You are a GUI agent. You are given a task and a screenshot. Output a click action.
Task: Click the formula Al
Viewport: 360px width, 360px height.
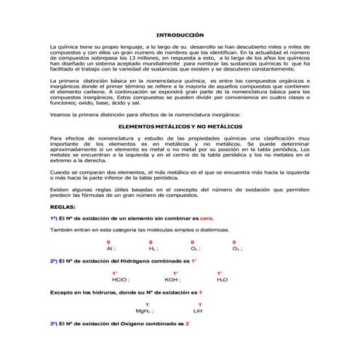[110, 249]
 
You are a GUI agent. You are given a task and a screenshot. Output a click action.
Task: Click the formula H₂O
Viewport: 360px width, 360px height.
[222, 279]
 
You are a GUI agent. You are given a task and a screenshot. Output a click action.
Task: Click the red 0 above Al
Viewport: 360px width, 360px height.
[108, 241]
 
